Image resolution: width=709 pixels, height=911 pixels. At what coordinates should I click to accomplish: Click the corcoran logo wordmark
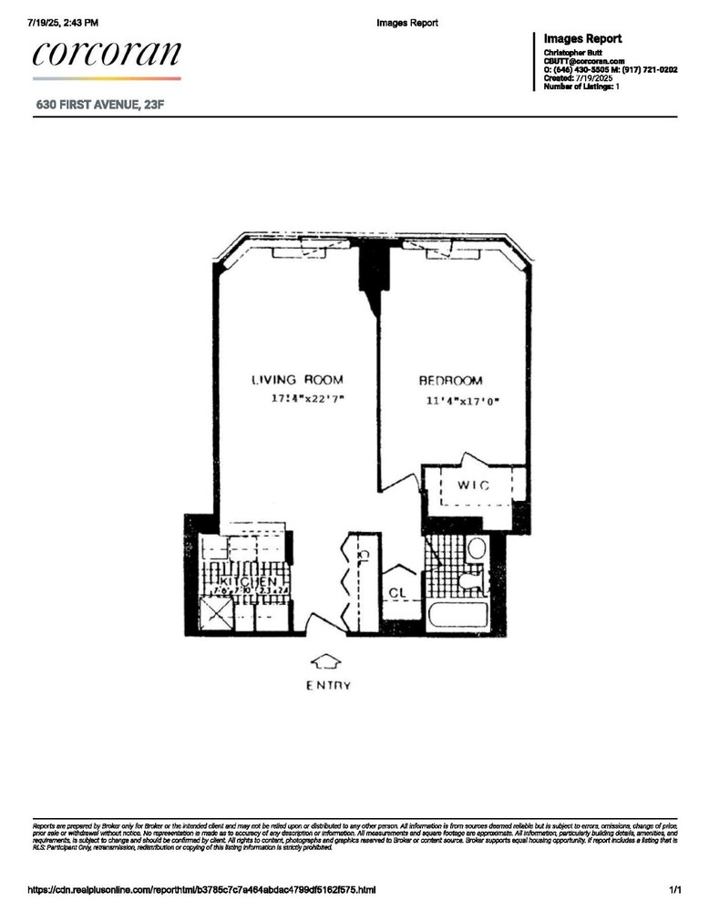[107, 54]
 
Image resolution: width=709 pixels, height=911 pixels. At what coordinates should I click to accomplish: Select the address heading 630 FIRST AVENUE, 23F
[100, 106]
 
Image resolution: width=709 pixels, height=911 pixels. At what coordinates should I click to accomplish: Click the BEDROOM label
[450, 381]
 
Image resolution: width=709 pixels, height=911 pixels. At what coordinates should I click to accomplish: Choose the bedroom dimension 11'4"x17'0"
[463, 401]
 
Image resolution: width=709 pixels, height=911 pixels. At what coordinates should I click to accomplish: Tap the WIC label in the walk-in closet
[473, 486]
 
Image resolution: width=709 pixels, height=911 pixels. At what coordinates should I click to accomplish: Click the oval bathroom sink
[476, 548]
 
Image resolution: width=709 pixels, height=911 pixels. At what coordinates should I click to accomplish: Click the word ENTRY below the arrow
[327, 685]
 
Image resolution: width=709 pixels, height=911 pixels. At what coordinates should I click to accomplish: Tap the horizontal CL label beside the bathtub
[397, 592]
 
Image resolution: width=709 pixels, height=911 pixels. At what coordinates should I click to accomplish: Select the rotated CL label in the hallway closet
[362, 553]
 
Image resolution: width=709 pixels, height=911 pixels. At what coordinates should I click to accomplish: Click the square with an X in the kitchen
[216, 618]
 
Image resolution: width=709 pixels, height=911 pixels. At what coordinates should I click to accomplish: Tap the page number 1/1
[674, 889]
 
